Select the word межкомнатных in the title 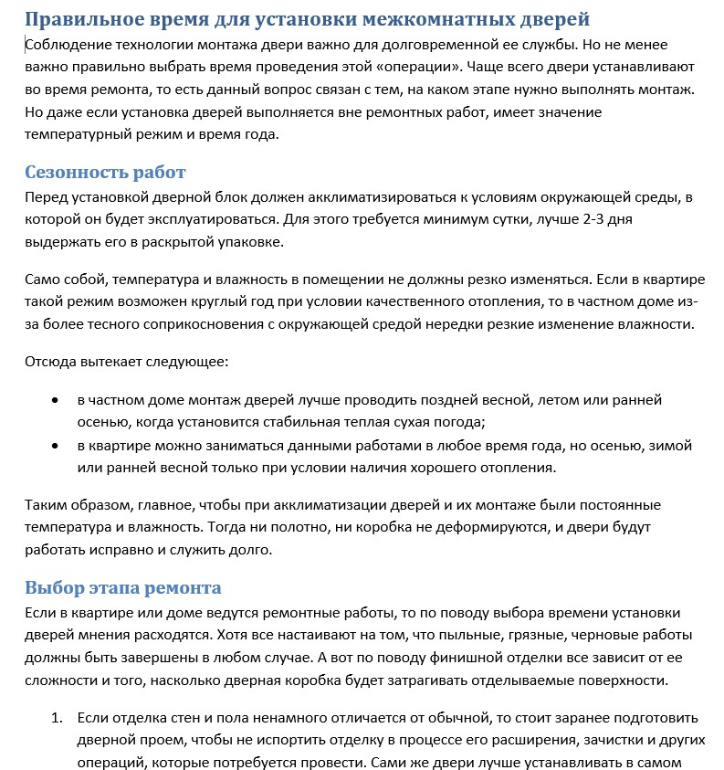point(426,18)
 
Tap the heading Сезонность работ point(105,173)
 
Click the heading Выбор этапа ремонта point(122,587)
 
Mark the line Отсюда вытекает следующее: point(126,361)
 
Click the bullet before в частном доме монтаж point(57,401)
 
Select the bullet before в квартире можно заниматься point(57,447)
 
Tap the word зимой point(673,446)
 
